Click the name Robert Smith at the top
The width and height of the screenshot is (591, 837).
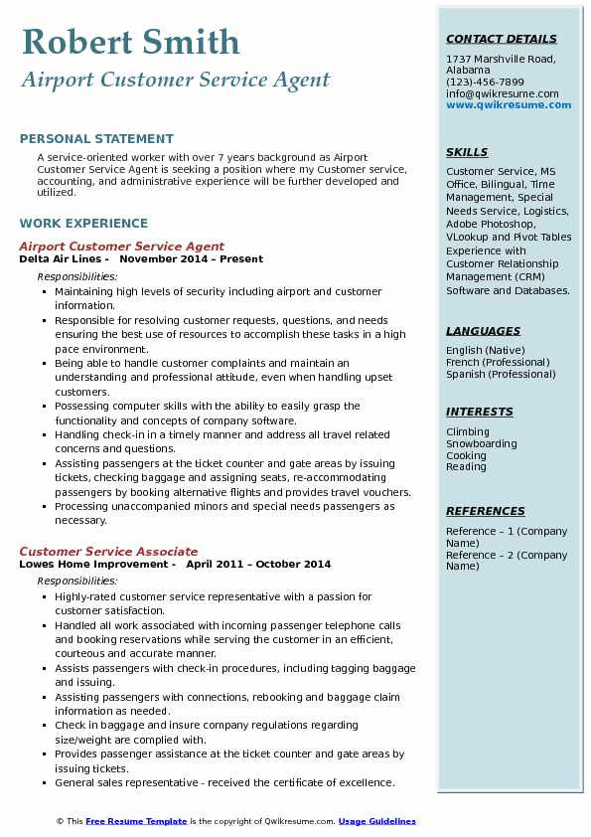130,42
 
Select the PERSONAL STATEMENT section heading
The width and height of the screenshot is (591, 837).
96,139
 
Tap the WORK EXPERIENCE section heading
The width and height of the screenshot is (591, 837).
83,224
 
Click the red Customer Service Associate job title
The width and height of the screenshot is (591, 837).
108,552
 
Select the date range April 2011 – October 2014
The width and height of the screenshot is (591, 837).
258,565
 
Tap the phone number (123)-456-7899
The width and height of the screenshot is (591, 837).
485,83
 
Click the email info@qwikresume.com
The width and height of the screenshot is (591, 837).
502,94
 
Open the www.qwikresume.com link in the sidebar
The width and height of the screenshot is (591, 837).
503,105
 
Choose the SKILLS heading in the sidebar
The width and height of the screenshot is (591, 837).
467,153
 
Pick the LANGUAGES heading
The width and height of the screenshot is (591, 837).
483,332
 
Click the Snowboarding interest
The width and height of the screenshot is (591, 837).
482,444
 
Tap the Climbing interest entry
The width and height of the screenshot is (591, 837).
468,432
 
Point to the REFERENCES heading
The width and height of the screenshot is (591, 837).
486,512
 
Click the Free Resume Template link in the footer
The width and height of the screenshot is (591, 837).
136,822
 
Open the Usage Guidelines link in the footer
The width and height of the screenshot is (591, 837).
376,822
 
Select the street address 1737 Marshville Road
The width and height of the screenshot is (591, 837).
499,60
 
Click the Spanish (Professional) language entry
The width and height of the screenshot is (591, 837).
501,375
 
